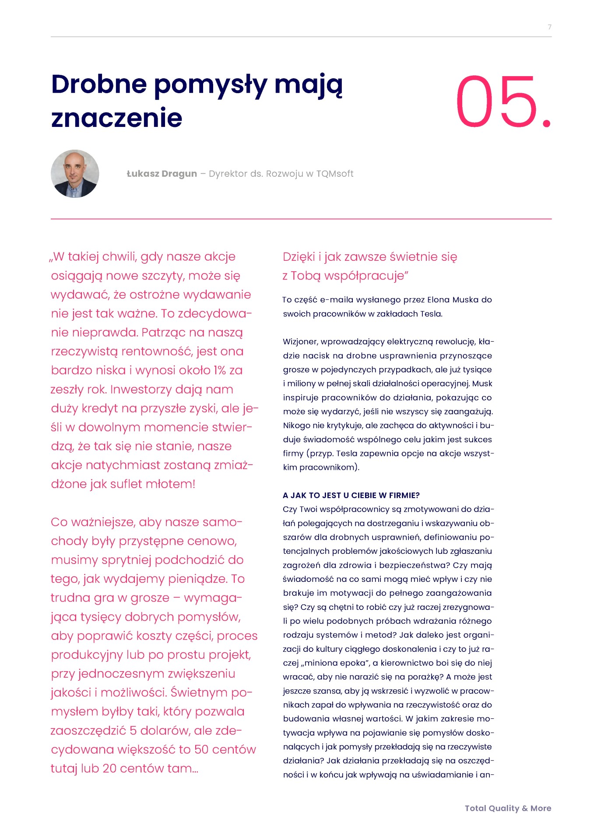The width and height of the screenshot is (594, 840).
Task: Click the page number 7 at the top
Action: [x=549, y=27]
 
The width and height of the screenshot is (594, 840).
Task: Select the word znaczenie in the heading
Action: [x=116, y=118]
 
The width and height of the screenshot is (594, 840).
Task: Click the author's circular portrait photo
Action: [x=75, y=174]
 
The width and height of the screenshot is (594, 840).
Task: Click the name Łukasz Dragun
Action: [x=162, y=174]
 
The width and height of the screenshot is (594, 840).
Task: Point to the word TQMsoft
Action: [x=334, y=174]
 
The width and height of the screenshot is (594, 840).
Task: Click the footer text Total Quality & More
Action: [x=508, y=808]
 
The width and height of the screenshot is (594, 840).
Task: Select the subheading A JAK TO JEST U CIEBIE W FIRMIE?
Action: [x=351, y=495]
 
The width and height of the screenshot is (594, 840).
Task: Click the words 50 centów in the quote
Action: [x=225, y=749]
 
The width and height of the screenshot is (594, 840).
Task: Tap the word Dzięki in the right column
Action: [x=299, y=257]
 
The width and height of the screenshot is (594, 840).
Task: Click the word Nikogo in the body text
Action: [x=298, y=426]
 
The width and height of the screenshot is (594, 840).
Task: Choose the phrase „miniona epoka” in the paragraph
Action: [x=336, y=663]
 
